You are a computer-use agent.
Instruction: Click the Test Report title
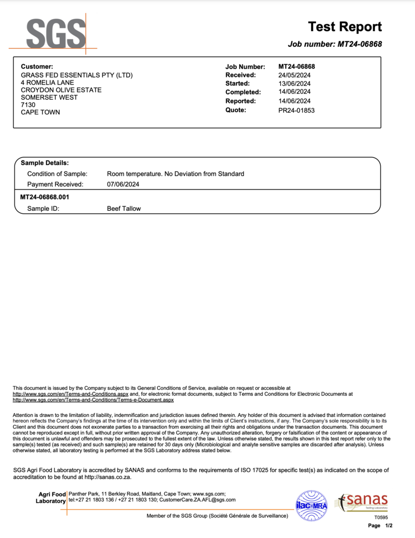click(344, 27)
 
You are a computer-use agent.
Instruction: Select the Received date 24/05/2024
click(294, 75)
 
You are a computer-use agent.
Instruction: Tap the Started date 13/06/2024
click(294, 84)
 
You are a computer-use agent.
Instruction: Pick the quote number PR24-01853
click(296, 110)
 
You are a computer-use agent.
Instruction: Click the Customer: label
click(37, 66)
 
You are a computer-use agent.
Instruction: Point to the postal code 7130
click(28, 105)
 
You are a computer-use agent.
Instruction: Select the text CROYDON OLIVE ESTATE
click(61, 90)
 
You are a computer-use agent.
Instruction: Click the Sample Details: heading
click(45, 163)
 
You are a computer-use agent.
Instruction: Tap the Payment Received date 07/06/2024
click(123, 184)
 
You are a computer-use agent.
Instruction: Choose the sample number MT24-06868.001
click(45, 197)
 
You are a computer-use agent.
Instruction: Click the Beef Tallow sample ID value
click(123, 209)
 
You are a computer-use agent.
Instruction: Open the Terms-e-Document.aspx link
click(93, 400)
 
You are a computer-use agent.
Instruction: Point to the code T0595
click(381, 518)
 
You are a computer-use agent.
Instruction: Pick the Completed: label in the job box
click(242, 92)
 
